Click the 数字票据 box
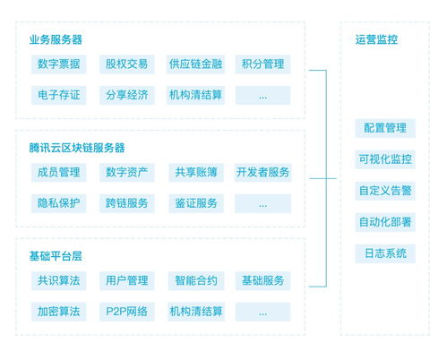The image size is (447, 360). coord(58,64)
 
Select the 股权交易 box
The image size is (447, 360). coord(126,64)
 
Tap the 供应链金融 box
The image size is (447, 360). coord(195,64)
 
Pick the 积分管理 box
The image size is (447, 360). coord(262,64)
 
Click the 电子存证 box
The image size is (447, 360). coord(58,95)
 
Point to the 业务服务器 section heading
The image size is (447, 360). coord(56,39)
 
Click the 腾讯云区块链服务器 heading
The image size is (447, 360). coord(77,148)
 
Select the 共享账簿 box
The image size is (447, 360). coord(196,173)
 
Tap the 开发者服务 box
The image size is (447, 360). coord(262,173)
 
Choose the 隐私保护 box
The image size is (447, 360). coord(58,203)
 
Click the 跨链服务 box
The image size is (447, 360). coord(126,203)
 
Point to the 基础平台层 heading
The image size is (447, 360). coord(56,256)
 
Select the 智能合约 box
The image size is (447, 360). coord(196,280)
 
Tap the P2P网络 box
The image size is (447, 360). coord(126,312)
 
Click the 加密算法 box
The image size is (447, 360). coord(58,312)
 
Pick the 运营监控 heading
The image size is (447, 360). coord(376,39)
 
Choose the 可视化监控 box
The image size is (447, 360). coord(385,159)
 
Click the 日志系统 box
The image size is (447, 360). coord(385,253)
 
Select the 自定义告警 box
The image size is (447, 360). coord(385,191)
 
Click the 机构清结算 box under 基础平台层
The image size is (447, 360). coord(196,312)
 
